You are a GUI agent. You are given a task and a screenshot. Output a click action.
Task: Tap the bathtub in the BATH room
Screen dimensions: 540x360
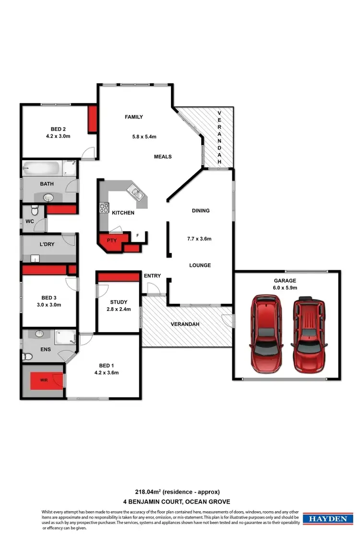[x=43, y=169]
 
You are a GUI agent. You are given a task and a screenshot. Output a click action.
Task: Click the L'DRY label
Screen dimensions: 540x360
[x=47, y=244]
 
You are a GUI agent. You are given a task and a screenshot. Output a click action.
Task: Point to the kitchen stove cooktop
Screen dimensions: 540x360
[x=104, y=208]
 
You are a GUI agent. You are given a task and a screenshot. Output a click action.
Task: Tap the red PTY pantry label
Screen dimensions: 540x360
[x=112, y=240]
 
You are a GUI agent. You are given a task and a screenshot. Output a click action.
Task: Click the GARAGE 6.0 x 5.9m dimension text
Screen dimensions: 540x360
[x=285, y=288]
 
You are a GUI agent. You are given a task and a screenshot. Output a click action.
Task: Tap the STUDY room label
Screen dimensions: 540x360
[x=119, y=302]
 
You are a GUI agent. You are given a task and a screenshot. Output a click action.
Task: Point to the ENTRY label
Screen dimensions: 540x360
[x=152, y=276]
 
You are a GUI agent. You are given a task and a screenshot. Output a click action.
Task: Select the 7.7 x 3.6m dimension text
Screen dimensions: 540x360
[x=199, y=239]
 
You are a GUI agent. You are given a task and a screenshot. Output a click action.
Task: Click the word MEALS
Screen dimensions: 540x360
[x=163, y=156]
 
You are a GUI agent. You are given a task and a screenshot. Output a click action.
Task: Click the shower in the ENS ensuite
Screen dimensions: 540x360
[x=65, y=337]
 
